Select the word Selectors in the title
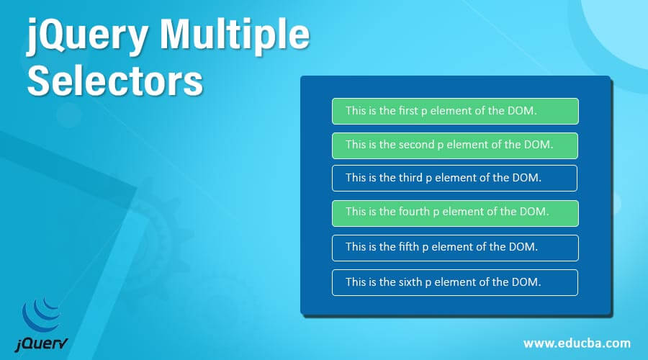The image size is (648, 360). tap(115, 81)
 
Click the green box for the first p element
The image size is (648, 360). tap(455, 111)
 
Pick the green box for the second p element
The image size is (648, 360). tap(455, 145)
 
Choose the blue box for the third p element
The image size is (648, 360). tap(455, 178)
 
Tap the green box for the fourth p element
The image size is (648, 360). tap(455, 212)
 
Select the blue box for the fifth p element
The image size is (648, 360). tap(455, 247)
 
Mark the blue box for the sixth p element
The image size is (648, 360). tap(455, 282)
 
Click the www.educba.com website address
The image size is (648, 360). tap(577, 343)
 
